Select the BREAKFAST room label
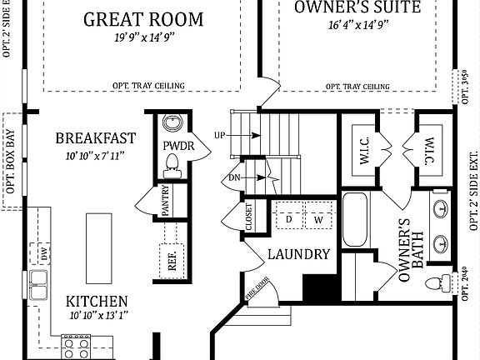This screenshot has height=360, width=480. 95,138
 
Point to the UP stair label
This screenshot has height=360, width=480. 221,135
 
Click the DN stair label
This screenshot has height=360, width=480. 233,177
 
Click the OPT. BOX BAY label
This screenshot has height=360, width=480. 11,157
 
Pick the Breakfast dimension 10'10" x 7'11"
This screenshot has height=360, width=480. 95,156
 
